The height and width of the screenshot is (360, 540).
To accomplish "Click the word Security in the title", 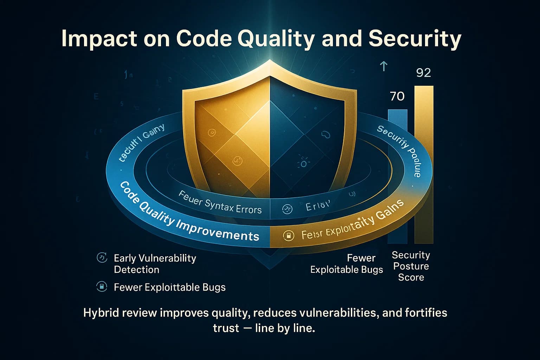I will click(x=414, y=39).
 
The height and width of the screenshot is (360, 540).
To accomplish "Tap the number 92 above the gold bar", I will click(x=423, y=73).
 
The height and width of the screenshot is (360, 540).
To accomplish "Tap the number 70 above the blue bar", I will click(x=397, y=96).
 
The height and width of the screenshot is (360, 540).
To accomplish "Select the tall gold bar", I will click(x=424, y=165).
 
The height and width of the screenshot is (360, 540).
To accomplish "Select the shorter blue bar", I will click(x=398, y=176).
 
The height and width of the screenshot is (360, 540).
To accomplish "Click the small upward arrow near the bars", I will click(x=384, y=66).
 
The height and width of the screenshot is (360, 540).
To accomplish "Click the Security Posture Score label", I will click(x=411, y=266).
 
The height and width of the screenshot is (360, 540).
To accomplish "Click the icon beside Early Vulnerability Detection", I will click(x=102, y=258).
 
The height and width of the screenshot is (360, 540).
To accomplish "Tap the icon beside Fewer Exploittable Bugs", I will click(x=102, y=287).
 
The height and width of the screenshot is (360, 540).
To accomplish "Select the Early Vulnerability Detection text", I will click(x=155, y=264).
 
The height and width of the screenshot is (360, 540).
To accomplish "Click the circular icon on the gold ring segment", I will click(x=288, y=236).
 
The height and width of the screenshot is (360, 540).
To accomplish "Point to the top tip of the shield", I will click(x=270, y=60).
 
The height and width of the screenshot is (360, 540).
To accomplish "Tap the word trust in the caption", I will click(x=226, y=328).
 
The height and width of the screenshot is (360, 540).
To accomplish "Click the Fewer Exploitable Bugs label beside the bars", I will click(x=347, y=264).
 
